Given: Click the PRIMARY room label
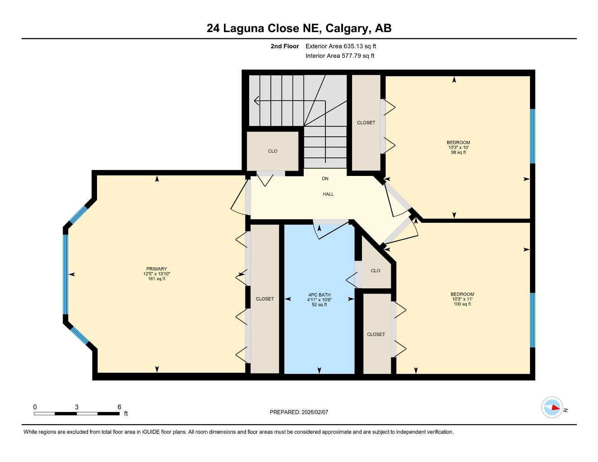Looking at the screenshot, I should click(157, 269).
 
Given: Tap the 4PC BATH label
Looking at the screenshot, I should click(319, 295).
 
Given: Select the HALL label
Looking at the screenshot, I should click(328, 194).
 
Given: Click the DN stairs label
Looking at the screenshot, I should click(325, 179).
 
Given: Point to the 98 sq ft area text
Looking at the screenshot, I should click(459, 152).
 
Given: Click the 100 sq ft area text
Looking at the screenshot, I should click(462, 304).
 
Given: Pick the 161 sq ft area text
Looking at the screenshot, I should click(157, 279).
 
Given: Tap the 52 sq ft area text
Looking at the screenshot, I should click(319, 305).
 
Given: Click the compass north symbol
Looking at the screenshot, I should click(552, 407).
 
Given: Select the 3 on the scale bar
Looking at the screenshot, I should click(77, 407).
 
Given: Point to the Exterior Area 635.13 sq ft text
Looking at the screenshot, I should click(341, 46).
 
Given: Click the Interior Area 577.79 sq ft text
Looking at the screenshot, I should click(340, 56).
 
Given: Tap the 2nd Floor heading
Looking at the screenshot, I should click(284, 46).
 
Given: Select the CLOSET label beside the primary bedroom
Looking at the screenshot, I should click(265, 299).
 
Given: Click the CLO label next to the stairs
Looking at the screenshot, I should click(273, 151).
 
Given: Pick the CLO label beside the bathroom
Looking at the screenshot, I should click(375, 271).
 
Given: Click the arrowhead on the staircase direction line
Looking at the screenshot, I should click(256, 101).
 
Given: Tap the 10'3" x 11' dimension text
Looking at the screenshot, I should click(462, 299).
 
